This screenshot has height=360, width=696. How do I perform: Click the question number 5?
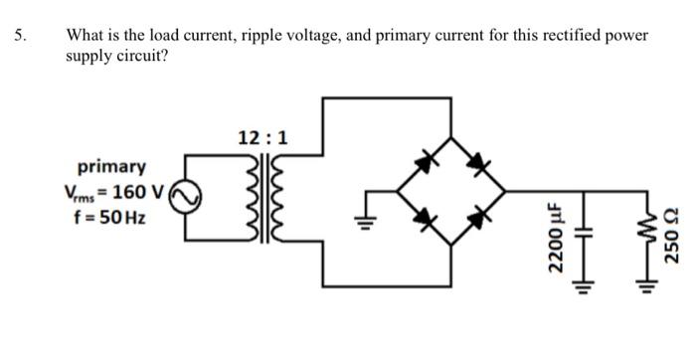coord(20,36)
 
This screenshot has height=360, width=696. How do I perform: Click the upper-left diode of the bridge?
coord(427,157)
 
